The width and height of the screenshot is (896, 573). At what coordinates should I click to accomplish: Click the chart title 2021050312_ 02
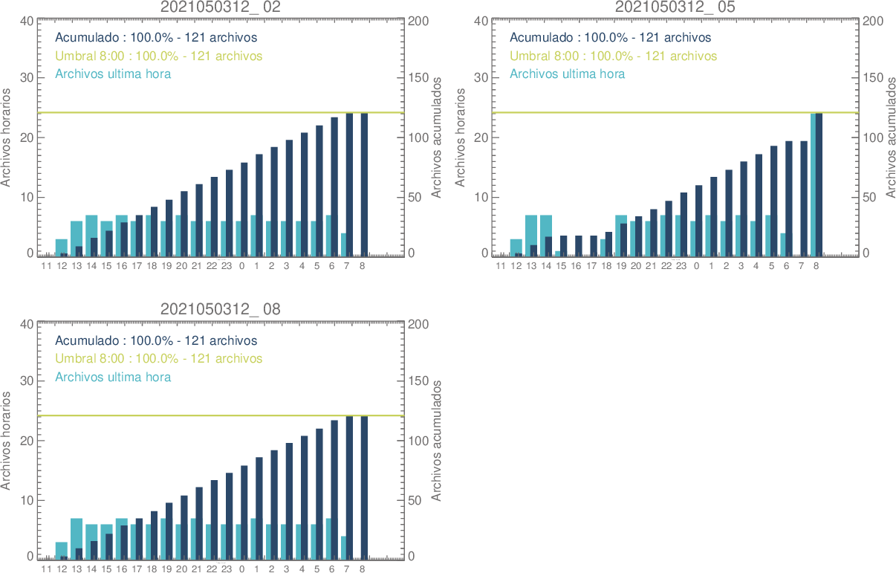(x=221, y=7)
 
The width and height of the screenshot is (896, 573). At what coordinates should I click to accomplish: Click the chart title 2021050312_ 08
(x=221, y=309)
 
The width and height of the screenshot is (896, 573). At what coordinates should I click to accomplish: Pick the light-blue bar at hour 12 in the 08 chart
(x=60, y=549)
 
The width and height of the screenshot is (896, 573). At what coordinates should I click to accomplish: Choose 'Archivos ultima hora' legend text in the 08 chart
(x=113, y=377)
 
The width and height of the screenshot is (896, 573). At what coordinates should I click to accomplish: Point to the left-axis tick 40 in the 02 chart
(x=26, y=20)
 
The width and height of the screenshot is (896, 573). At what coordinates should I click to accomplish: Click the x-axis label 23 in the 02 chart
(x=227, y=265)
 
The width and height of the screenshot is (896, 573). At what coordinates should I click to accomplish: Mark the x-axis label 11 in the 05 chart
(x=500, y=265)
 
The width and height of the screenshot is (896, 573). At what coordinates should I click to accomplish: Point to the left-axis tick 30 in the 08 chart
(x=26, y=381)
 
